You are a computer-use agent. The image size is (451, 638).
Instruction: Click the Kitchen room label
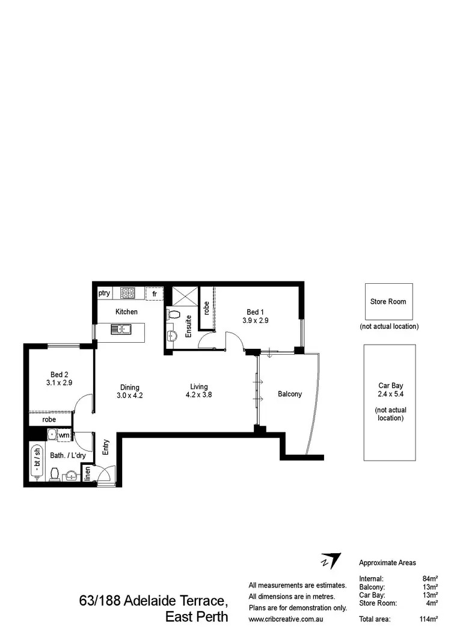pos(126,311)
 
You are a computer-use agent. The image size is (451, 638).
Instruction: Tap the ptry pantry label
pos(105,293)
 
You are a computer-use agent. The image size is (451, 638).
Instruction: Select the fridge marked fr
pos(155,294)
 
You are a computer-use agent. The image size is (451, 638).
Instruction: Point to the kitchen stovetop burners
pos(127,293)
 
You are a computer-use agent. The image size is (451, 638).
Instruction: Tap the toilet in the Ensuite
pos(174,315)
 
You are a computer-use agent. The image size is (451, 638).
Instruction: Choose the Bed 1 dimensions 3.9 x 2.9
pos(255,321)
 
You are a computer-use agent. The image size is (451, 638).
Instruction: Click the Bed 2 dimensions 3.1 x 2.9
pos(59,381)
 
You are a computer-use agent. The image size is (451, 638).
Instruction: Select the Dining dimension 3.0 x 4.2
pos(129,395)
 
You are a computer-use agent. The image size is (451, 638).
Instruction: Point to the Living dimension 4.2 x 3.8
pos(199,395)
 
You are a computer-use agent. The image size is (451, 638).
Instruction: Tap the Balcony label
pos(290,394)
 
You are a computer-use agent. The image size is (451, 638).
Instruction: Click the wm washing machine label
pos(63,435)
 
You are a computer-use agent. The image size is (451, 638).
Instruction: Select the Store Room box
pos(388,301)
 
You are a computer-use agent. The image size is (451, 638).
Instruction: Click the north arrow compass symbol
pos(330,561)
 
